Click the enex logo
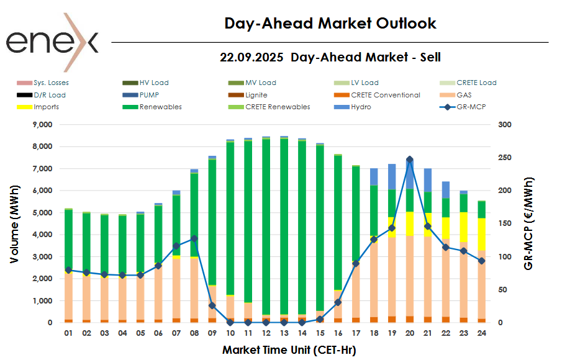point(52,42)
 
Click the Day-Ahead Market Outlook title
point(330,24)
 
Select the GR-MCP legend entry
point(463,107)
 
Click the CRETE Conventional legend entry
point(385,95)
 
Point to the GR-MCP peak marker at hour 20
point(409,160)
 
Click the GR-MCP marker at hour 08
point(194,238)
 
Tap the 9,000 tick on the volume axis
point(43,125)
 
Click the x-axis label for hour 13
point(284,333)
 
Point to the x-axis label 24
point(481,333)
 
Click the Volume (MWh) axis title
point(14,223)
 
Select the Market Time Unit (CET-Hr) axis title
point(289,350)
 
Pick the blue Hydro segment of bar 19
point(391,176)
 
